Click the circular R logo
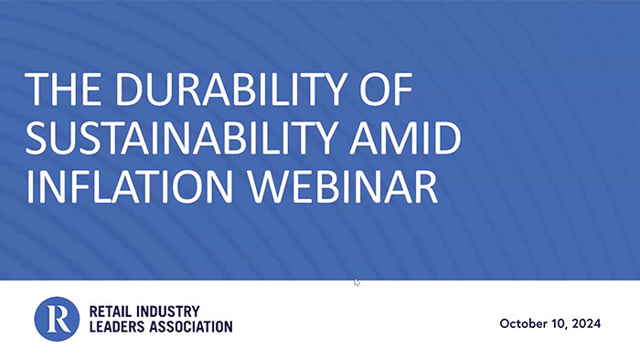click(x=57, y=319)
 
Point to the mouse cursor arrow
click(x=357, y=282)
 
